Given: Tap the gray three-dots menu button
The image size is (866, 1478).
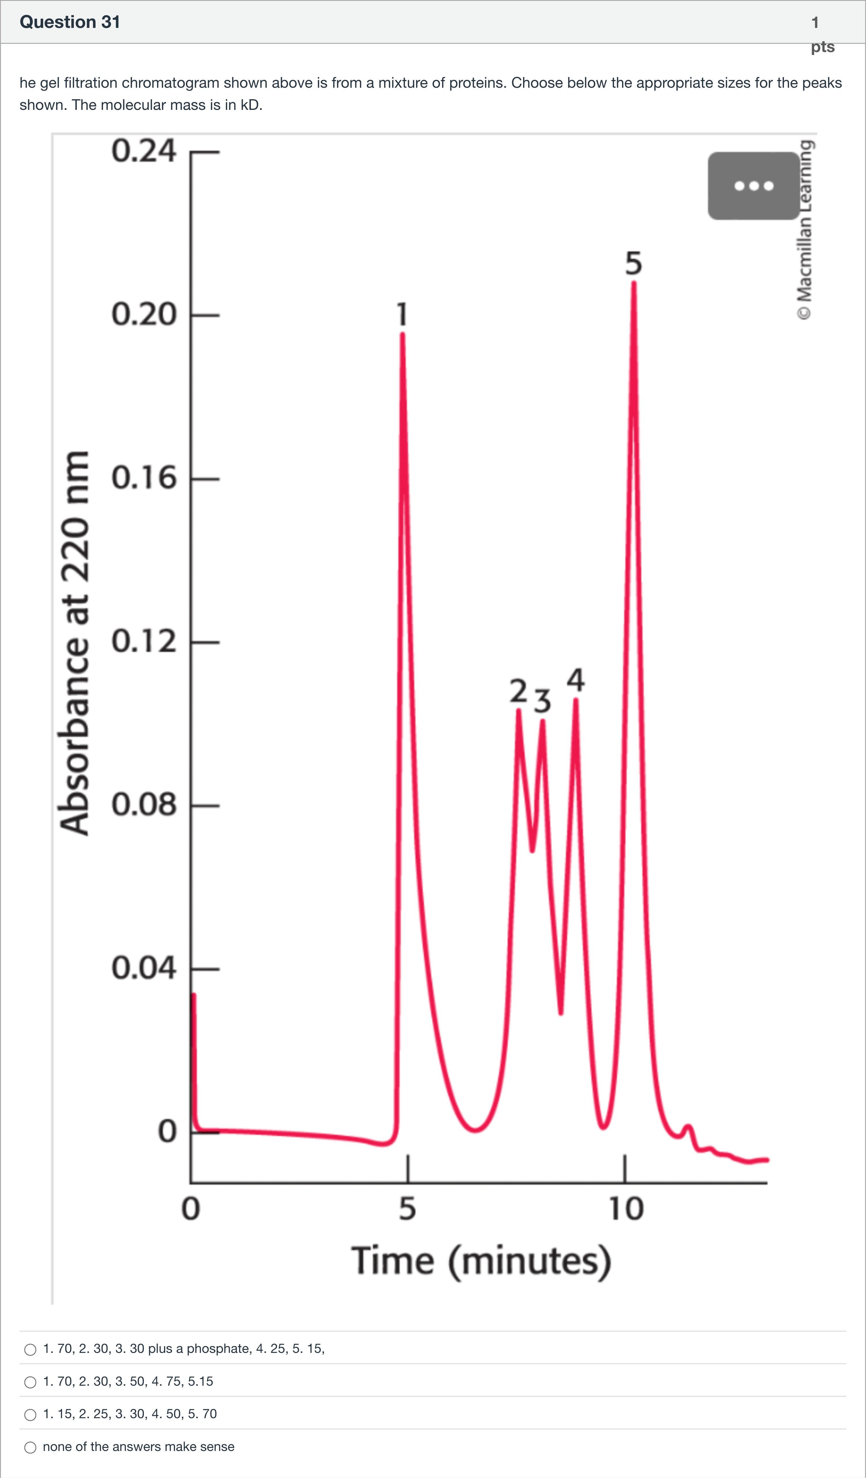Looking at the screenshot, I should click(753, 186).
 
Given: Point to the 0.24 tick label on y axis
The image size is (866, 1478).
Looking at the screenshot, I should click(144, 151).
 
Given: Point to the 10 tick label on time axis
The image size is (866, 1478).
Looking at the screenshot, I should click(626, 1209).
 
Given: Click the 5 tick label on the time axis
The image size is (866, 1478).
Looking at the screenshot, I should click(407, 1209).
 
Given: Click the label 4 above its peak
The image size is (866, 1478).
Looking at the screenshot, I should click(576, 680).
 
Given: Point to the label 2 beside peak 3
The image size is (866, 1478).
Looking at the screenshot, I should click(518, 691).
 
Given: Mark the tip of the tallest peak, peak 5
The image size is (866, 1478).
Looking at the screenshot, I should click(634, 283).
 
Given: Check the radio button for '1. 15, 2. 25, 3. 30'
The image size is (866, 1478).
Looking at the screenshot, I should click(30, 1415).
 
